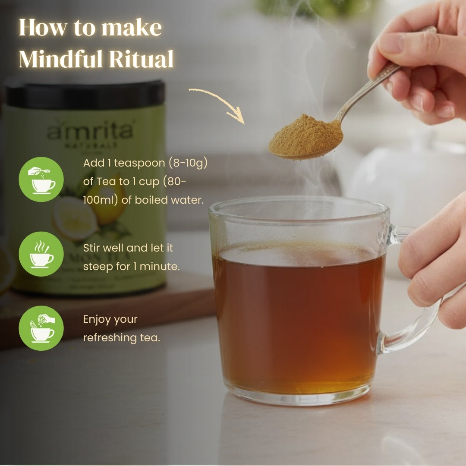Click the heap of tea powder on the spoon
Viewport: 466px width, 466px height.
[x=305, y=134]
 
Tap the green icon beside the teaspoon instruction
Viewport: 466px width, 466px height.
[x=41, y=179]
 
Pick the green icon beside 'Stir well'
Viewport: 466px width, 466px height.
[x=41, y=254]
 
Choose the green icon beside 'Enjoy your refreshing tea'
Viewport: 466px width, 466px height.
[x=41, y=328]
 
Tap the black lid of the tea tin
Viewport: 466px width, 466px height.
[x=85, y=94]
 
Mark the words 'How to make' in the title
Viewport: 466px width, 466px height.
[x=90, y=28]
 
